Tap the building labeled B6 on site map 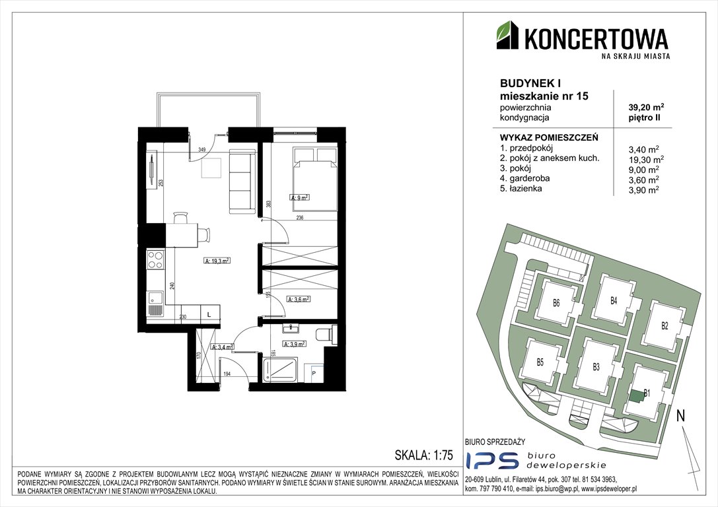click(556, 304)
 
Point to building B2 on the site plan click(664, 325)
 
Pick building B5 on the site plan click(540, 362)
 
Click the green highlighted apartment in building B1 click(636, 396)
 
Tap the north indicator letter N click(680, 416)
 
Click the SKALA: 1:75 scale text click(423, 456)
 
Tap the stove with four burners click(155, 259)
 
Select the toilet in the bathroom click(326, 335)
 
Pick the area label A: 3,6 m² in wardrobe click(299, 299)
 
